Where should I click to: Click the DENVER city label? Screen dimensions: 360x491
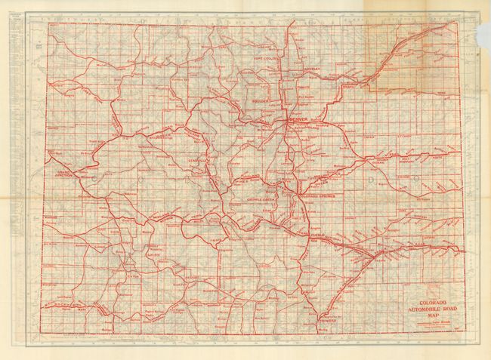[297, 120]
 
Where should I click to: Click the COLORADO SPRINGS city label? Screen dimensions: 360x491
[305, 196]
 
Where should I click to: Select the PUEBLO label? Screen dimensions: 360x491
[314, 235]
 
